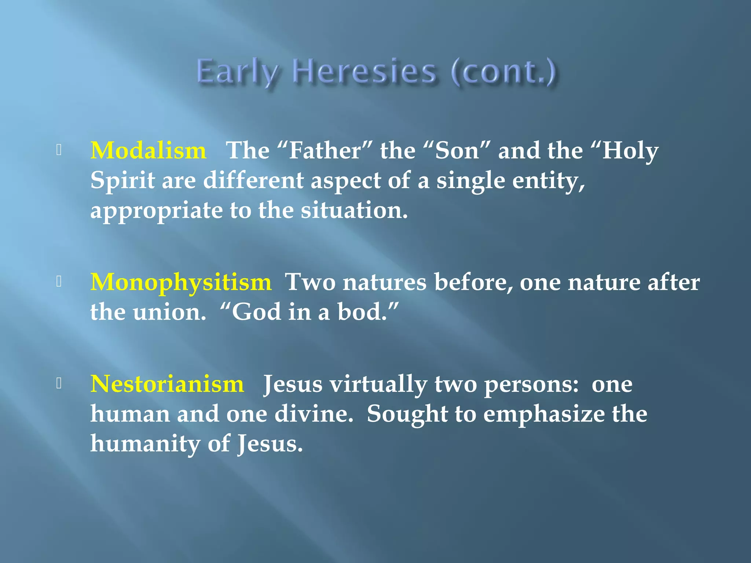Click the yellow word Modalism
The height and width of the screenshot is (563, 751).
click(148, 151)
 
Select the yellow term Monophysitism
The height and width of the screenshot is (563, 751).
click(181, 283)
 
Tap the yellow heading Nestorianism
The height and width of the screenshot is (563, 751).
click(167, 384)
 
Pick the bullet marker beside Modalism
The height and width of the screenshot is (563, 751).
click(59, 150)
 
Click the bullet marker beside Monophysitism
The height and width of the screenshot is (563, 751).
click(59, 281)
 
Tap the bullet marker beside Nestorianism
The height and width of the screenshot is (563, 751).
click(59, 383)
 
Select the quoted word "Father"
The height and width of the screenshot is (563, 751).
click(325, 151)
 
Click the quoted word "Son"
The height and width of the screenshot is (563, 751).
click(457, 151)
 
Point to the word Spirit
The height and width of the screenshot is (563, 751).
click(122, 181)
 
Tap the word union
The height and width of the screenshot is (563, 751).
click(169, 312)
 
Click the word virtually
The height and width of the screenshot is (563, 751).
click(378, 384)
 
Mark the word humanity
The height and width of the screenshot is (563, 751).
click(145, 444)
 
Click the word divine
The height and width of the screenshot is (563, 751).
click(314, 414)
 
